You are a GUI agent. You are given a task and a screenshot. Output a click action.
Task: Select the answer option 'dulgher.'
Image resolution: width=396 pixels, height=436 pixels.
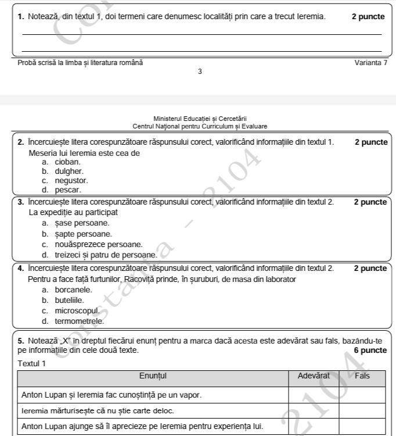coord(69,171)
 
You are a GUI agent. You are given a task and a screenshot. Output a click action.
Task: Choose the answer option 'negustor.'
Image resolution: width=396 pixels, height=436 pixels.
coord(71,181)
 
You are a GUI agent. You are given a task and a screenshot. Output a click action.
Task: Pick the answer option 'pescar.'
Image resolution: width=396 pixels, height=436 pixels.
coord(68,190)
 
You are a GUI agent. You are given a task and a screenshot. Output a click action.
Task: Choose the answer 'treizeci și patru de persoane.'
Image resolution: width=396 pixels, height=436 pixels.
coord(106,255)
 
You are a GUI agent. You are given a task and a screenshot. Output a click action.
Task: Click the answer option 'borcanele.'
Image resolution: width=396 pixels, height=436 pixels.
coord(73,290)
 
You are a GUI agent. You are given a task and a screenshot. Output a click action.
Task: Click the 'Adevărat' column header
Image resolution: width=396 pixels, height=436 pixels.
coord(314,376)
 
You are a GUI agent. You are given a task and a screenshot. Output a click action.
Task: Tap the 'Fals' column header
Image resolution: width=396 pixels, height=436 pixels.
coord(362,376)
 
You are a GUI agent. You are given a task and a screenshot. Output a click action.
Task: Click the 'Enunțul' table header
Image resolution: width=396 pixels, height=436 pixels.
coord(153,376)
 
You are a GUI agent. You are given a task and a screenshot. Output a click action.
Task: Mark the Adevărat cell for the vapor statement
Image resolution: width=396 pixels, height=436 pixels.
coord(314,395)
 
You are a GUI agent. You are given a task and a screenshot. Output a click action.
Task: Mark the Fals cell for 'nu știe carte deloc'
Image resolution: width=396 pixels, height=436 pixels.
coord(362,410)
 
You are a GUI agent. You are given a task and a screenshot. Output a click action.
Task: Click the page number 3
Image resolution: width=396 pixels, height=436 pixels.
coord(200,72)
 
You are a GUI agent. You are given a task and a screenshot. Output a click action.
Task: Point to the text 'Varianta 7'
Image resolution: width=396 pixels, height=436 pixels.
coord(370,62)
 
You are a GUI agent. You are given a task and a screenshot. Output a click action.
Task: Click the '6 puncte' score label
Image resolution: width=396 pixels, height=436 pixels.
coord(370,351)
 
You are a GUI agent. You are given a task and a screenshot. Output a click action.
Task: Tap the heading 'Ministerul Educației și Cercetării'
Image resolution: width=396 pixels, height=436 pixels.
coord(200,119)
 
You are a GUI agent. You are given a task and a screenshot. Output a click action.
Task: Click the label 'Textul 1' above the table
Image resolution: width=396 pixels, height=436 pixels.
coord(32,363)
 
